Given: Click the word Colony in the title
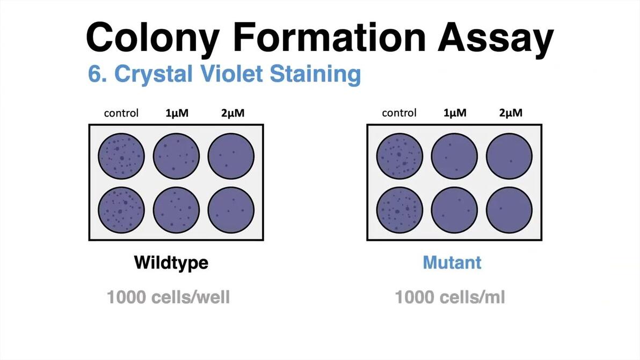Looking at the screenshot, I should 152,38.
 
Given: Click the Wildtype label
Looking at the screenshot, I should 171,263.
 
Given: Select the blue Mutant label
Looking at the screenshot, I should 452,262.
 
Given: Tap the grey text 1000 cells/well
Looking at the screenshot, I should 168,297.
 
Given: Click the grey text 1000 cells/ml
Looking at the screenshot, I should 450,297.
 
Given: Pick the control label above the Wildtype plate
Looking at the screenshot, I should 121,113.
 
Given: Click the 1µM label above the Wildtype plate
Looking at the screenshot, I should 176,113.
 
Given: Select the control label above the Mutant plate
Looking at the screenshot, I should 399,113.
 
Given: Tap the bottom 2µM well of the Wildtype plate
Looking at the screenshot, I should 231,210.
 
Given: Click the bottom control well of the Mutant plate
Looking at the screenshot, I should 399,210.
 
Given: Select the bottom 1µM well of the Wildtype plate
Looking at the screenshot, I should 176,210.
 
